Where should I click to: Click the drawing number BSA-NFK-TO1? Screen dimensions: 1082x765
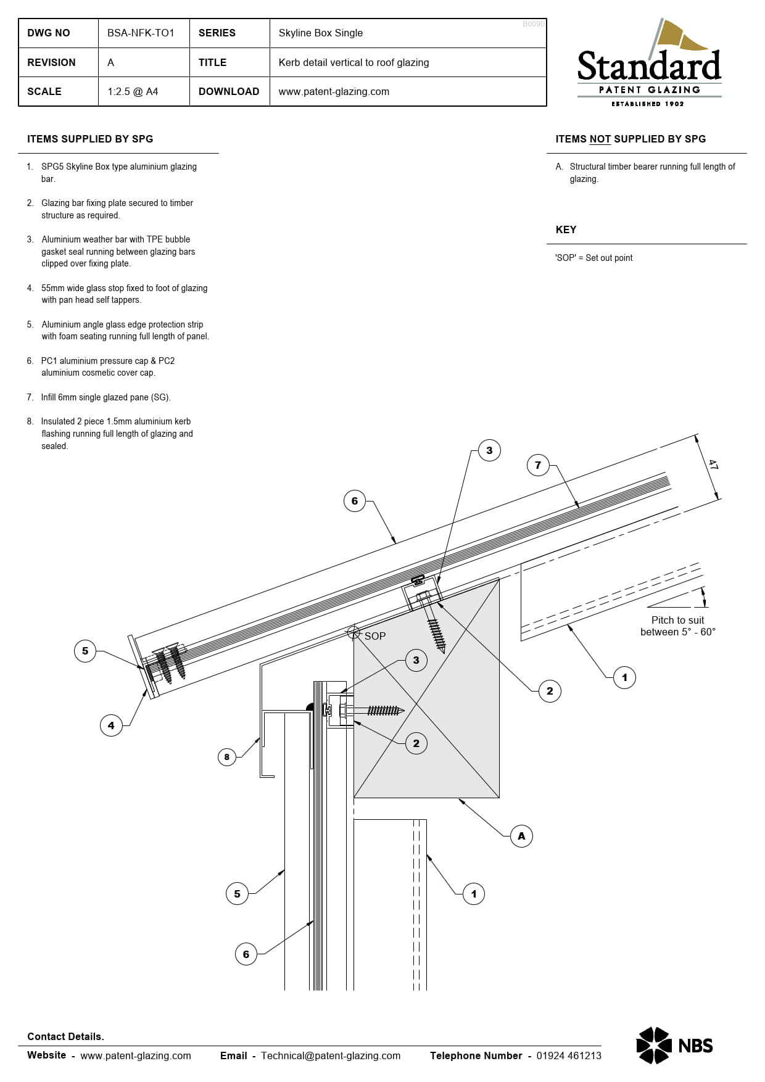click(141, 33)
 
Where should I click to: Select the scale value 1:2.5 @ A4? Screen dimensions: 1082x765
click(133, 92)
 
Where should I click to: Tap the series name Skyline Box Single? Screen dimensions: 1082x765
click(320, 33)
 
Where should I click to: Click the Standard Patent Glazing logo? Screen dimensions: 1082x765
click(649, 64)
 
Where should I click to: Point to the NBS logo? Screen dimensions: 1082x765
click(674, 1046)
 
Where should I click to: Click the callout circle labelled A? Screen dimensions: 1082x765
click(521, 836)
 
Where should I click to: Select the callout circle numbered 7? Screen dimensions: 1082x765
click(538, 465)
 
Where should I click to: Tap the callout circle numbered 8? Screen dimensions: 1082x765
click(227, 757)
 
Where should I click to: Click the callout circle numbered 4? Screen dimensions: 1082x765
click(111, 725)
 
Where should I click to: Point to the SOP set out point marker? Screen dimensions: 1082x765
click(354, 632)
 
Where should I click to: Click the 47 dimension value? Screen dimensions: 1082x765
click(713, 465)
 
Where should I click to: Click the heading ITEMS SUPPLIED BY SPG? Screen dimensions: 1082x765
click(90, 139)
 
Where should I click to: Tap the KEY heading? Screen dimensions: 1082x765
click(566, 230)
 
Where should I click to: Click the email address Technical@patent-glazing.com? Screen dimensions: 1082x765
click(331, 1055)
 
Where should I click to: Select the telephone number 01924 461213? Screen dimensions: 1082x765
click(569, 1055)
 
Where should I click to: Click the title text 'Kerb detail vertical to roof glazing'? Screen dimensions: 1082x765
click(354, 63)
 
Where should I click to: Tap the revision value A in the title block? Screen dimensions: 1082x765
click(110, 63)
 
